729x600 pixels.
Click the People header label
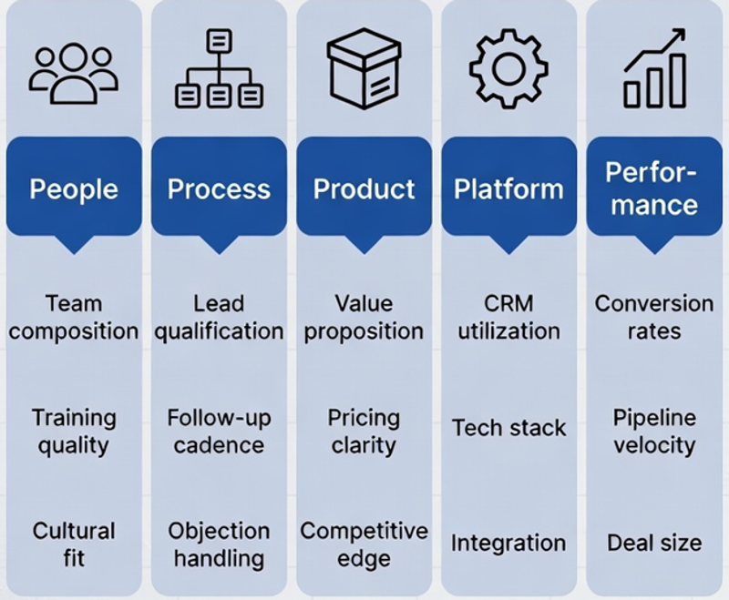[x=74, y=189]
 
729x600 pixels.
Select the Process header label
[x=219, y=189]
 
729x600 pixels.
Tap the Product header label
[x=364, y=189]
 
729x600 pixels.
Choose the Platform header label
[x=508, y=189]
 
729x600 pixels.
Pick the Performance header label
[x=654, y=188]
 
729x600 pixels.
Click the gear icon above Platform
[x=508, y=68]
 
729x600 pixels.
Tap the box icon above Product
[x=364, y=68]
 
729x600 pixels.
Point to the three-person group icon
[x=74, y=73]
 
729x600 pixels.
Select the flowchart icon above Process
[x=219, y=68]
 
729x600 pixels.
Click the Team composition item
[x=74, y=318]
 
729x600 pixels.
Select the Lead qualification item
[x=219, y=318]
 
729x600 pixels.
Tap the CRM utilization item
[x=508, y=318]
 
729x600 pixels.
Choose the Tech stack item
[x=508, y=428]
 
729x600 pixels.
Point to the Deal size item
[x=654, y=543]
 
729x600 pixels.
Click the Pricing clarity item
[x=364, y=432]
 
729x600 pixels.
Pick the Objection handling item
[x=219, y=544]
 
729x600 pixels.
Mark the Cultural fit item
[x=74, y=544]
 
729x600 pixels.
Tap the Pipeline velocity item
[x=654, y=432]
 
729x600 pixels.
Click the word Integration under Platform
[x=508, y=544]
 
